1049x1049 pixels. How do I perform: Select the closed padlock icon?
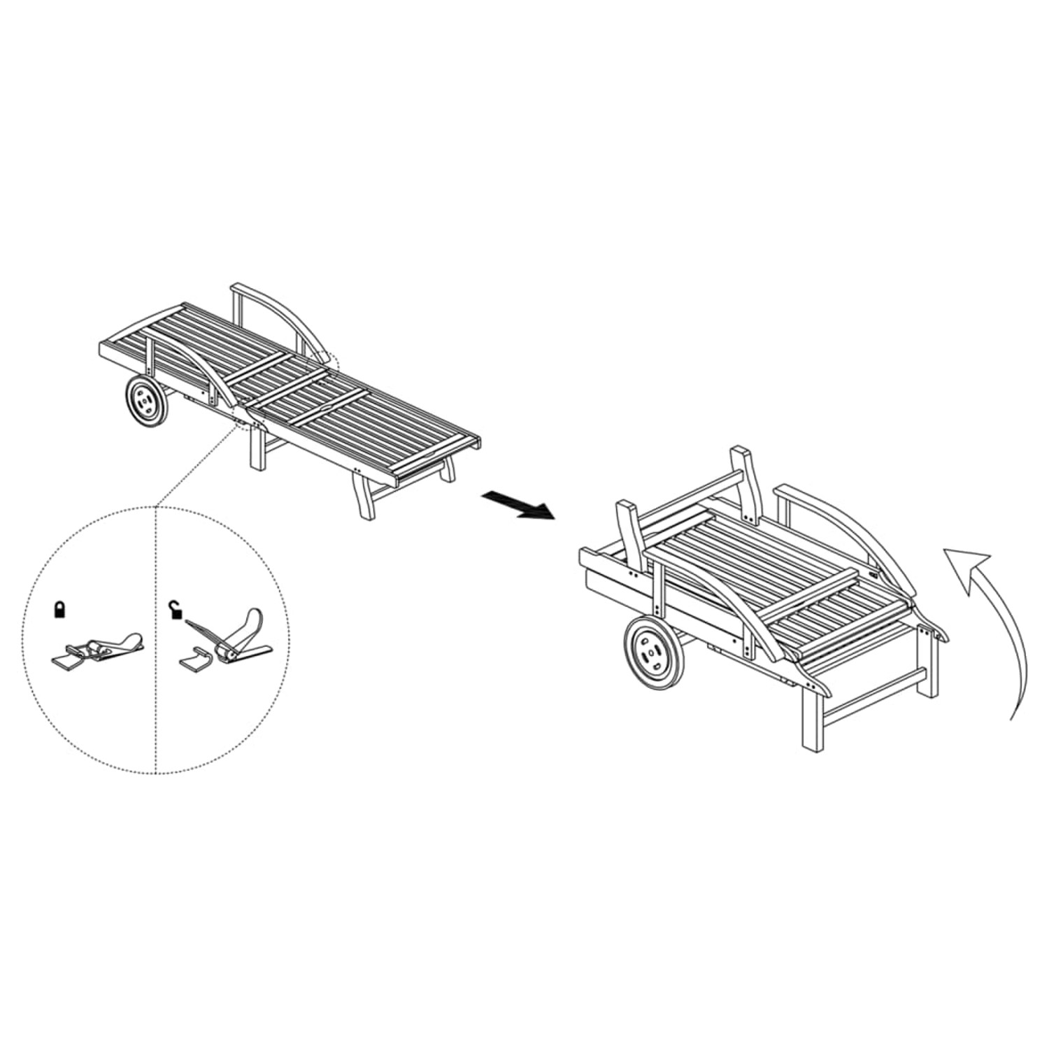(x=62, y=610)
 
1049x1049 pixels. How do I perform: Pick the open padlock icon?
(x=176, y=610)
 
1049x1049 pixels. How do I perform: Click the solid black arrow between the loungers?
(x=518, y=504)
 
